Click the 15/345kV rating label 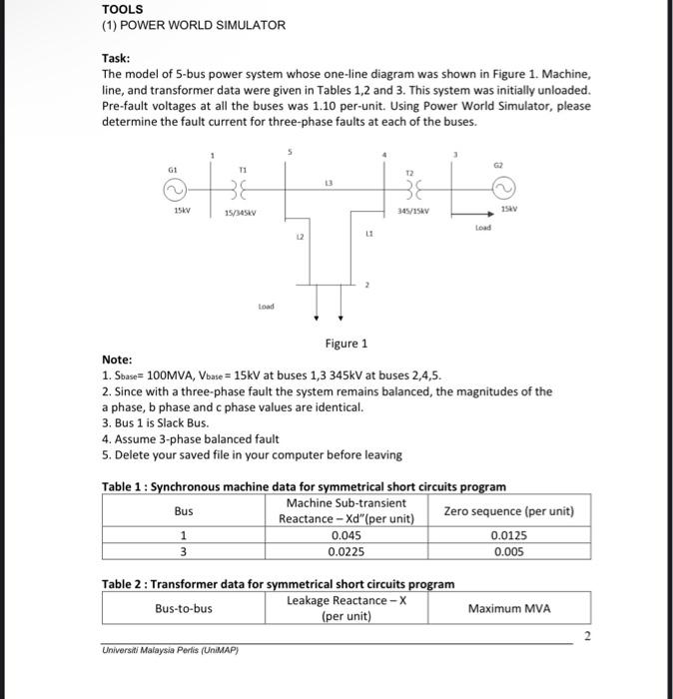click(x=244, y=213)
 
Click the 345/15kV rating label click(x=412, y=212)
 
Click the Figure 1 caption click(x=346, y=344)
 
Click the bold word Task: click(x=119, y=59)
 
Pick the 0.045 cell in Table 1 click(x=345, y=535)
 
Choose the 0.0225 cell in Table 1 click(x=345, y=550)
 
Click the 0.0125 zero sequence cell click(x=508, y=535)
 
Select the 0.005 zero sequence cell click(x=508, y=550)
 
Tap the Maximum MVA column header click(x=508, y=608)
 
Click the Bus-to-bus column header click(x=184, y=608)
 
